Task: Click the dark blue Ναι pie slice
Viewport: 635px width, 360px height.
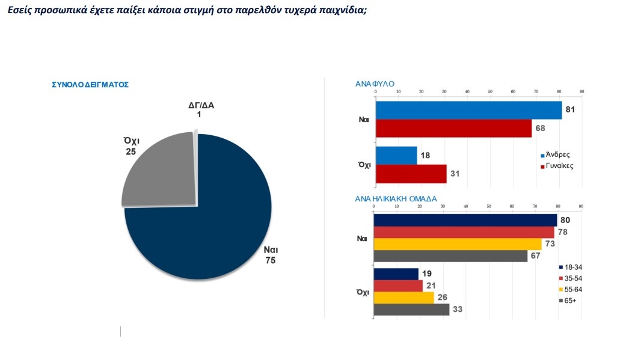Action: click(x=210, y=216)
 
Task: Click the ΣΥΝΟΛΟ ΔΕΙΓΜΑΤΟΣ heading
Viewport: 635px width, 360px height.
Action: click(x=90, y=85)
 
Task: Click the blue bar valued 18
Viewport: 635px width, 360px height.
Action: click(x=396, y=156)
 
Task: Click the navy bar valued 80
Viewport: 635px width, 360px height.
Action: click(x=465, y=221)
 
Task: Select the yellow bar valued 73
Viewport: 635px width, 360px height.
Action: click(x=457, y=244)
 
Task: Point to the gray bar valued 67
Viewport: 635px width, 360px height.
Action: click(x=450, y=256)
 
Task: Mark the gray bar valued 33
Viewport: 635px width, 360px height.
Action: click(x=411, y=310)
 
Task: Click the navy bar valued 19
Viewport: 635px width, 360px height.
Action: click(x=396, y=274)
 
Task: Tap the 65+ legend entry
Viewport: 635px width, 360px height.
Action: click(x=571, y=301)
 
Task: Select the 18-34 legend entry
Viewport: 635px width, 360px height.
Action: click(x=573, y=267)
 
